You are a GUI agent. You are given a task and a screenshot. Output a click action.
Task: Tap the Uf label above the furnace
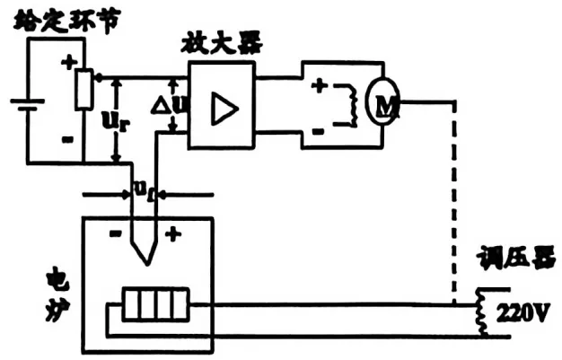point(144,186)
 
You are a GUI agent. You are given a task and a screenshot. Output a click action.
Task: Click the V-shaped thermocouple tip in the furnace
point(145,249)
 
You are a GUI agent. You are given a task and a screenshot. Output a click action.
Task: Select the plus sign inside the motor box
point(319,86)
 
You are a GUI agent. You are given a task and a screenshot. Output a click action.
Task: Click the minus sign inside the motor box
point(319,129)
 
